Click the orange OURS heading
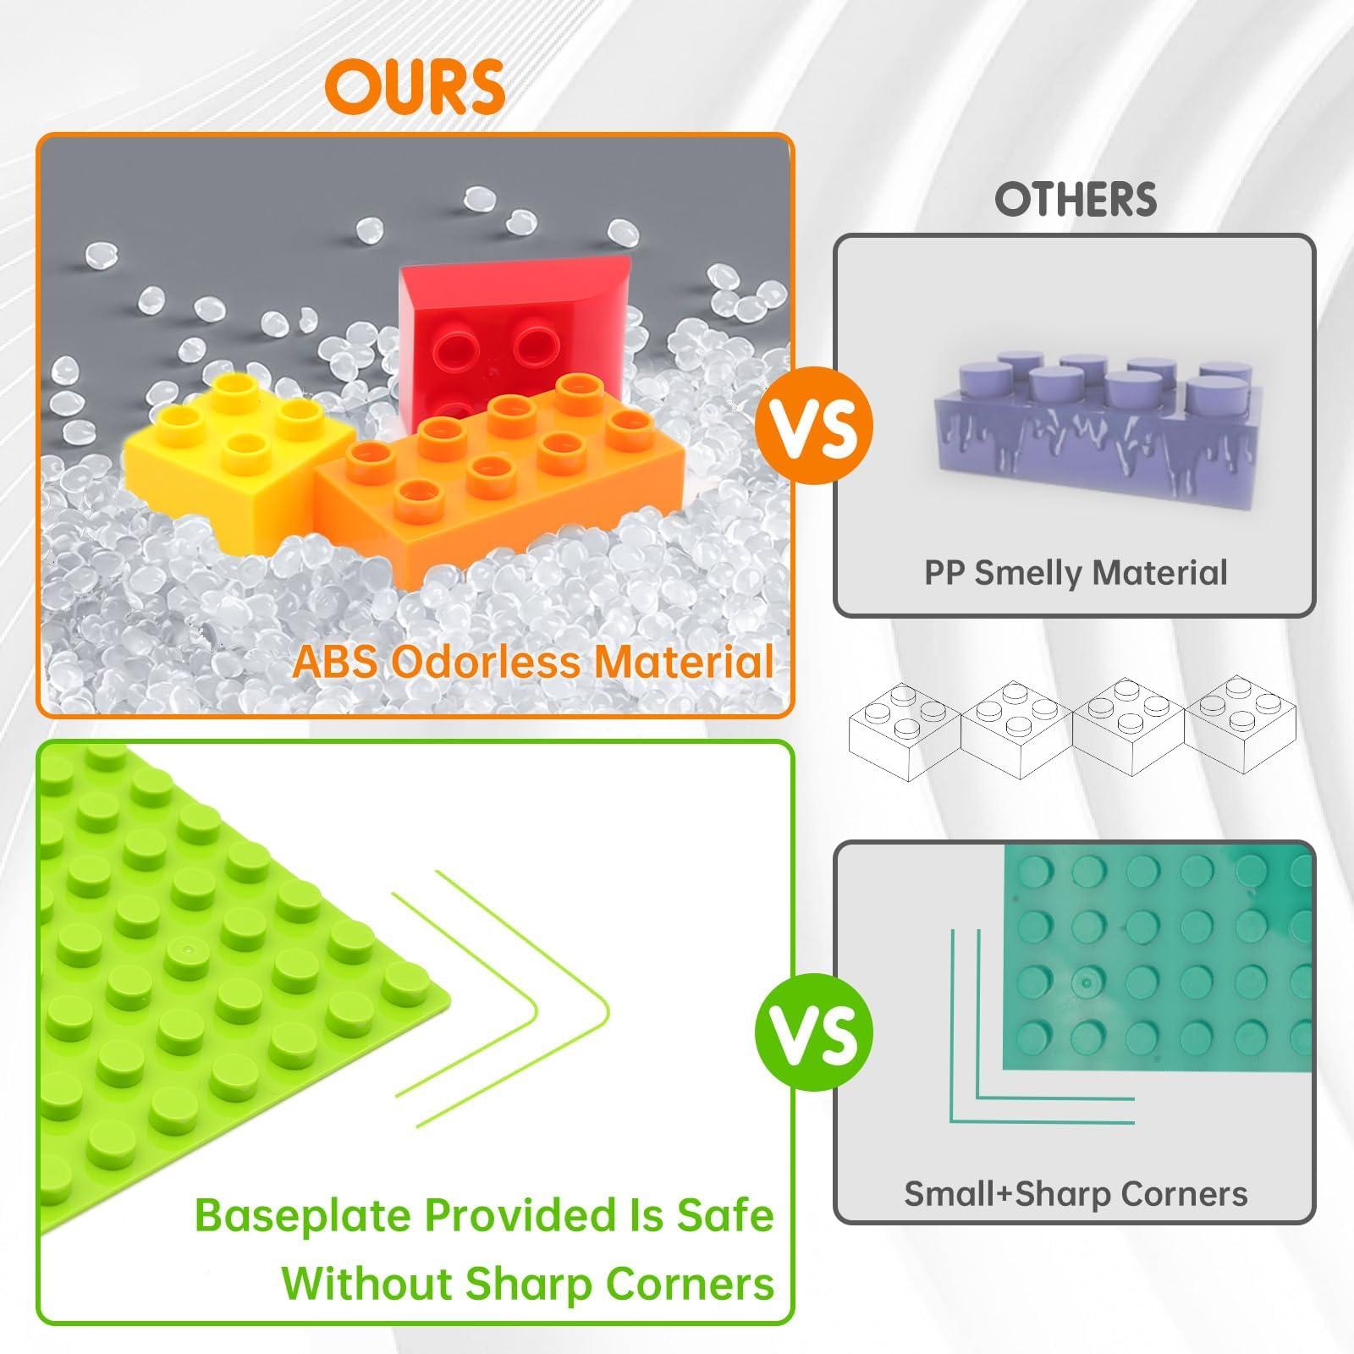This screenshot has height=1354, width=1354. [415, 86]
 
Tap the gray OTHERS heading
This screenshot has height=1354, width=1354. [1076, 200]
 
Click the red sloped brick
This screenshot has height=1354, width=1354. [508, 338]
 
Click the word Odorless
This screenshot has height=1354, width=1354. [487, 661]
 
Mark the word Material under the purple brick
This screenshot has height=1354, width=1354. [1159, 573]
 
